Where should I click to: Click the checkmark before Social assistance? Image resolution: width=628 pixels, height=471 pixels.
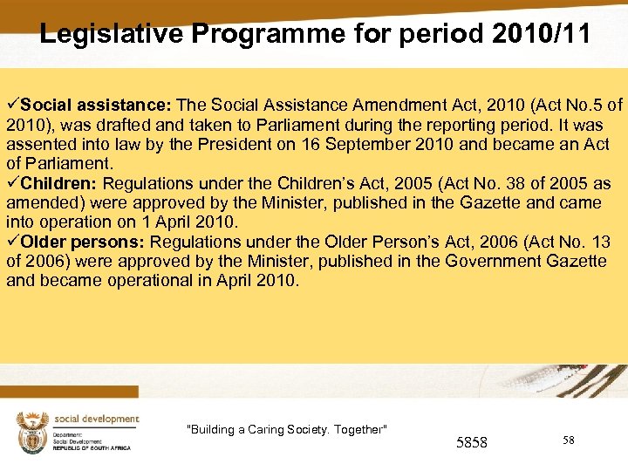[12, 106]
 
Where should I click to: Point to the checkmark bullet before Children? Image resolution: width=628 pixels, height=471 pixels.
[12, 183]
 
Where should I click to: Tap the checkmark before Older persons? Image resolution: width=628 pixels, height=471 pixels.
[12, 242]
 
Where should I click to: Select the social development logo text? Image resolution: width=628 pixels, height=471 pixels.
[96, 420]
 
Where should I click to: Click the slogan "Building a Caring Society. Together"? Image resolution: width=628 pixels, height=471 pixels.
[287, 429]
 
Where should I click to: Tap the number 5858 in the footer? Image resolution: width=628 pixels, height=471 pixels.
[472, 443]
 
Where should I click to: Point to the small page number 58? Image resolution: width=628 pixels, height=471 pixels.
[569, 440]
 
